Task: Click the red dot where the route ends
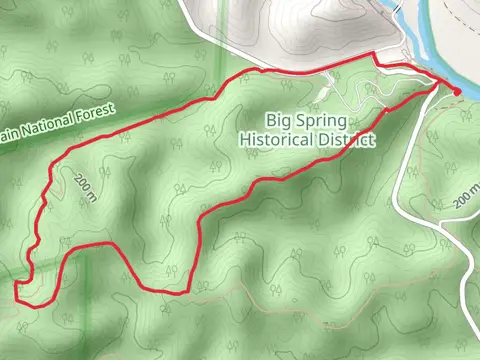pos(457,92)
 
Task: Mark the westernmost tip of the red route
pos(16,290)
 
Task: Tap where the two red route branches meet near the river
pos(437,86)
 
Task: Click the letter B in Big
pos(269,121)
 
